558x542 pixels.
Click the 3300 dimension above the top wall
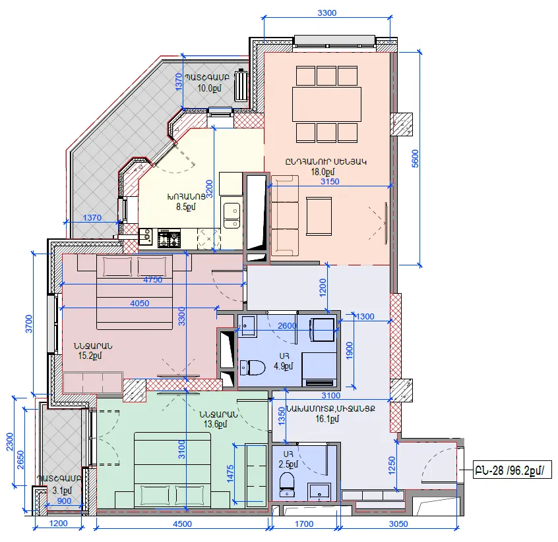[326, 13]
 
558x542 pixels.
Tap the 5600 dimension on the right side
[415, 159]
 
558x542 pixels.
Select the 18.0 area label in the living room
[323, 172]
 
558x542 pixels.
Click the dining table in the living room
[326, 104]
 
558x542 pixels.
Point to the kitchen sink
[232, 215]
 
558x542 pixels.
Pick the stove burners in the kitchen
[169, 238]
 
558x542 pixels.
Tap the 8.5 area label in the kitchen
[185, 207]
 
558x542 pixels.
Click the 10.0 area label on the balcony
[209, 88]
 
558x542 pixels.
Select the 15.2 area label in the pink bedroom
[90, 356]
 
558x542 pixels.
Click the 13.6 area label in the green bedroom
[215, 424]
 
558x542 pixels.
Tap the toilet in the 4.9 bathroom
[253, 367]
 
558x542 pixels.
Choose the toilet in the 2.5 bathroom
[287, 483]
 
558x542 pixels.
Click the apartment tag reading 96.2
[512, 471]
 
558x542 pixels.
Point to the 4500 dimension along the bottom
[182, 524]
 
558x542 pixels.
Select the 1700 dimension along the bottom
[304, 524]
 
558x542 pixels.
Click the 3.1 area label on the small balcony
[62, 491]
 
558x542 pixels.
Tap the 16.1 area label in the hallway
[327, 419]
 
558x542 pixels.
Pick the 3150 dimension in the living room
[330, 181]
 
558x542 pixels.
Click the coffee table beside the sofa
[319, 217]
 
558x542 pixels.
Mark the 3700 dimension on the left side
[29, 324]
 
